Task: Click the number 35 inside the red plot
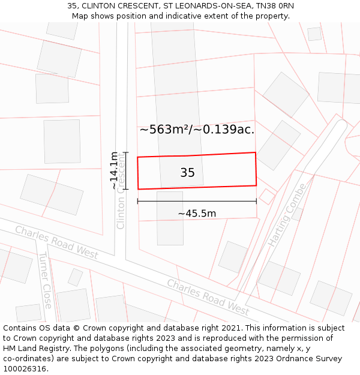pyautogui.click(x=187, y=173)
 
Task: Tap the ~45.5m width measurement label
pyautogui.click(x=197, y=213)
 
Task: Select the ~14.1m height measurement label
pyautogui.click(x=114, y=171)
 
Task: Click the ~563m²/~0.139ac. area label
pyautogui.click(x=197, y=129)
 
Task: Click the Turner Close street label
pyautogui.click(x=46, y=280)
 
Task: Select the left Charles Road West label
pyautogui.click(x=56, y=242)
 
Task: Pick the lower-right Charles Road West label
pyautogui.click(x=208, y=297)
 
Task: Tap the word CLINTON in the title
pyautogui.click(x=101, y=6)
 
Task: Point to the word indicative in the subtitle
pyautogui.click(x=183, y=16)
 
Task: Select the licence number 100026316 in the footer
pyautogui.click(x=24, y=369)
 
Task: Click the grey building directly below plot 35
pyautogui.click(x=170, y=218)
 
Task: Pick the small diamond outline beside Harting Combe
pyautogui.click(x=267, y=196)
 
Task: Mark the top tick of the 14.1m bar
pyautogui.click(x=125, y=152)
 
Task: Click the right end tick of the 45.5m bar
pyautogui.click(x=256, y=201)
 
